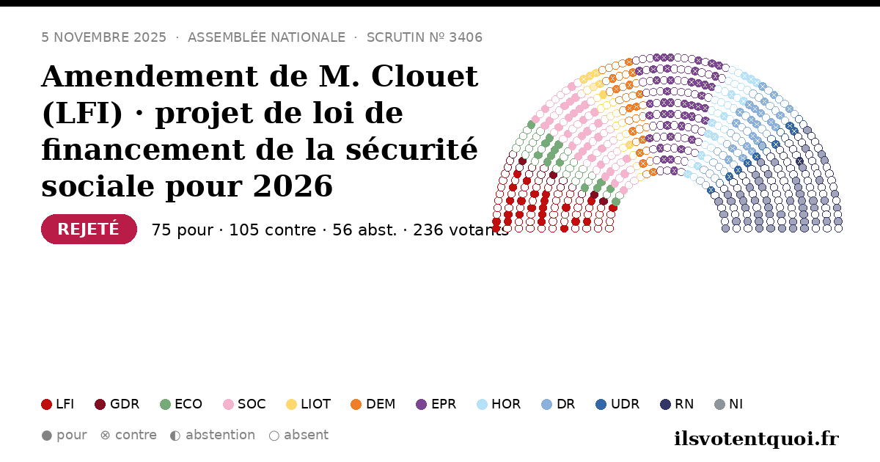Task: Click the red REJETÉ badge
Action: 89,229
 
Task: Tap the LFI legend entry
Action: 58,404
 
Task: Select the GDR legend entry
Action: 117,404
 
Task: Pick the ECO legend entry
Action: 181,404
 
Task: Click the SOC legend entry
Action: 244,404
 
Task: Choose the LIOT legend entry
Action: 309,404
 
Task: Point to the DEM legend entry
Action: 373,404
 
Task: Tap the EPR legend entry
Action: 436,404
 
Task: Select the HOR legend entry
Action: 499,404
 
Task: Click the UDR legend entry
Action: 617,404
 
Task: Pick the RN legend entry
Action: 677,404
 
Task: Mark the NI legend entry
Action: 728,404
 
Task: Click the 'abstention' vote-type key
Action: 213,436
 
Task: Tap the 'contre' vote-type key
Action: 128,436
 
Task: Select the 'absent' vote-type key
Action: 298,436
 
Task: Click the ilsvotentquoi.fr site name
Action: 756,439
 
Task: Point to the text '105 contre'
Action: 272,230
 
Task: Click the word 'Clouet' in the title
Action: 425,76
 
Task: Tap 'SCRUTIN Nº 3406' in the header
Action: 425,37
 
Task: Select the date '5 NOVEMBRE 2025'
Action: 103,37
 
